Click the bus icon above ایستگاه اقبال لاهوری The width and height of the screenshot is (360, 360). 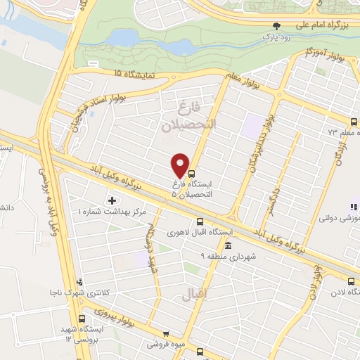tap(200, 219)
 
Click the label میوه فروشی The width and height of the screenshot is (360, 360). tap(163, 345)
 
